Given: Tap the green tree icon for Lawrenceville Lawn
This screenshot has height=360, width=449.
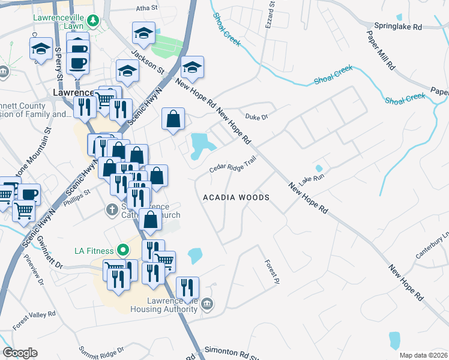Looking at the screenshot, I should point(92,22).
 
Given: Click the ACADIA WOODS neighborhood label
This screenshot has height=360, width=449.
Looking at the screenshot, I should point(236,197).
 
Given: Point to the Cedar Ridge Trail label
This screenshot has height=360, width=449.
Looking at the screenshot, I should point(233,164).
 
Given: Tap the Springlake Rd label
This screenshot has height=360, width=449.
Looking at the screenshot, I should point(398,27).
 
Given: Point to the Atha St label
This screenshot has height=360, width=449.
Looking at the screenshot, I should point(146,8).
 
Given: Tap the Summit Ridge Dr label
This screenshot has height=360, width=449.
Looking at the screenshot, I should point(103,349).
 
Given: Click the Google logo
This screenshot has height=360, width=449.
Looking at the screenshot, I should point(20,353).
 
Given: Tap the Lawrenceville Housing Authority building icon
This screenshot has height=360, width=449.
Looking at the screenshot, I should point(207,304).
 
